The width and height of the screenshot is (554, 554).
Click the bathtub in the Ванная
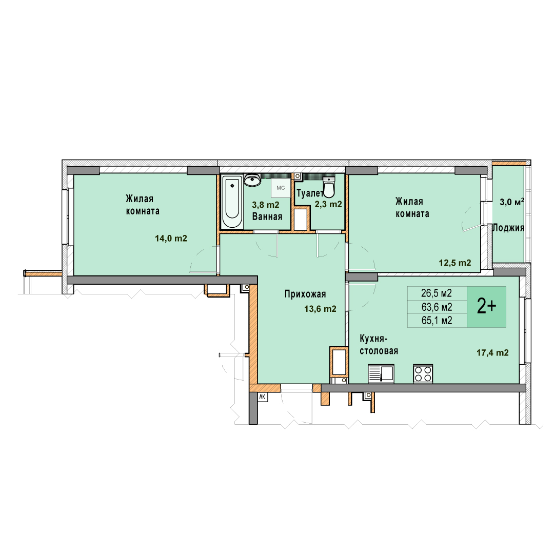[232, 202]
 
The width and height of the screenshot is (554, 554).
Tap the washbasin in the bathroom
[252, 180]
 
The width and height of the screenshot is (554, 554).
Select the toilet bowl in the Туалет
[329, 187]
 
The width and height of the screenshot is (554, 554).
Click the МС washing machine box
[281, 188]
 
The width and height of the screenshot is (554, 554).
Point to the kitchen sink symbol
[381, 373]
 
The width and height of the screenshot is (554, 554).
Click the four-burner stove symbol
[423, 373]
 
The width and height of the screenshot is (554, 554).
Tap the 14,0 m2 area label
[171, 239]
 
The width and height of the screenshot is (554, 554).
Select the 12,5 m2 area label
[455, 263]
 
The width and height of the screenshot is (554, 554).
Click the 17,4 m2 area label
[493, 352]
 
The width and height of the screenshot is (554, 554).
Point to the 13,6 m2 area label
[321, 309]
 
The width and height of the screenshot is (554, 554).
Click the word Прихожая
[305, 294]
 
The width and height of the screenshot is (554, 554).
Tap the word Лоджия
[508, 228]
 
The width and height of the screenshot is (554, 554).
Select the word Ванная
[267, 216]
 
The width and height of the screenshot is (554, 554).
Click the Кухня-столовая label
[379, 345]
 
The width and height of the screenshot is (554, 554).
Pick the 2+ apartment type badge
[486, 307]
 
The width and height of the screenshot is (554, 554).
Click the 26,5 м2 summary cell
[437, 293]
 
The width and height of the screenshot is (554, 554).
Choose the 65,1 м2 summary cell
[437, 321]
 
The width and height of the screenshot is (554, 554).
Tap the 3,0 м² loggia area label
[511, 202]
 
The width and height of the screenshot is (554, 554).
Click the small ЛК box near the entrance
[263, 397]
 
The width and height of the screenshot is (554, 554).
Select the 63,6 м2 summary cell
[437, 307]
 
